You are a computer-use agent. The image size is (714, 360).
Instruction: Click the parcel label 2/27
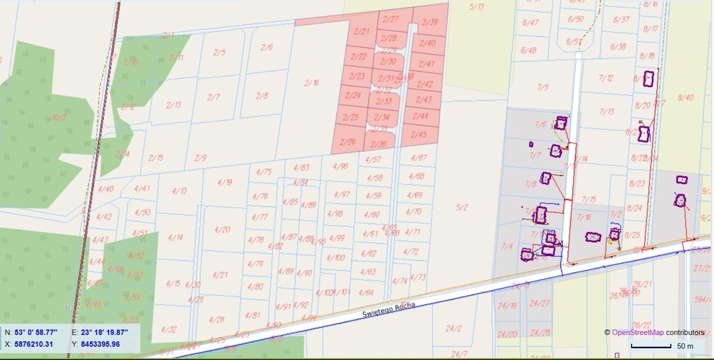coord(391,20)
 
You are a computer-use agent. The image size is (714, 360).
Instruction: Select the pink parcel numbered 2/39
coord(430,22)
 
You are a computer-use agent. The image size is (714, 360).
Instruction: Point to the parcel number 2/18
coord(312,83)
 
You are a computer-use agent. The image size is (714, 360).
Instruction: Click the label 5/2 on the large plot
coord(462,207)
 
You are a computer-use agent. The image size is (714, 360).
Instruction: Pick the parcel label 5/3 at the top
coord(477,7)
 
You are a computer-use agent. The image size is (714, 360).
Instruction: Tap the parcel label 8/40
coord(685,98)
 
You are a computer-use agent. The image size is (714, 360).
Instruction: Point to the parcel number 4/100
coord(336,257)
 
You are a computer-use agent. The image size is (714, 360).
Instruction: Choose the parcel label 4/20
coord(222,229)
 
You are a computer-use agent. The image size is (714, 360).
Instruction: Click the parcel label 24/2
coord(454,328)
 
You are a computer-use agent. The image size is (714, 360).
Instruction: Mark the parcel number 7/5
coord(542,87)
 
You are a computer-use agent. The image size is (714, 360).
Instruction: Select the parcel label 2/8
coord(261,96)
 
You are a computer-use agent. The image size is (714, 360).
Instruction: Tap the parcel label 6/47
coord(531,22)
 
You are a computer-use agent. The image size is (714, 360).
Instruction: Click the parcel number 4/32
coord(169,329)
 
